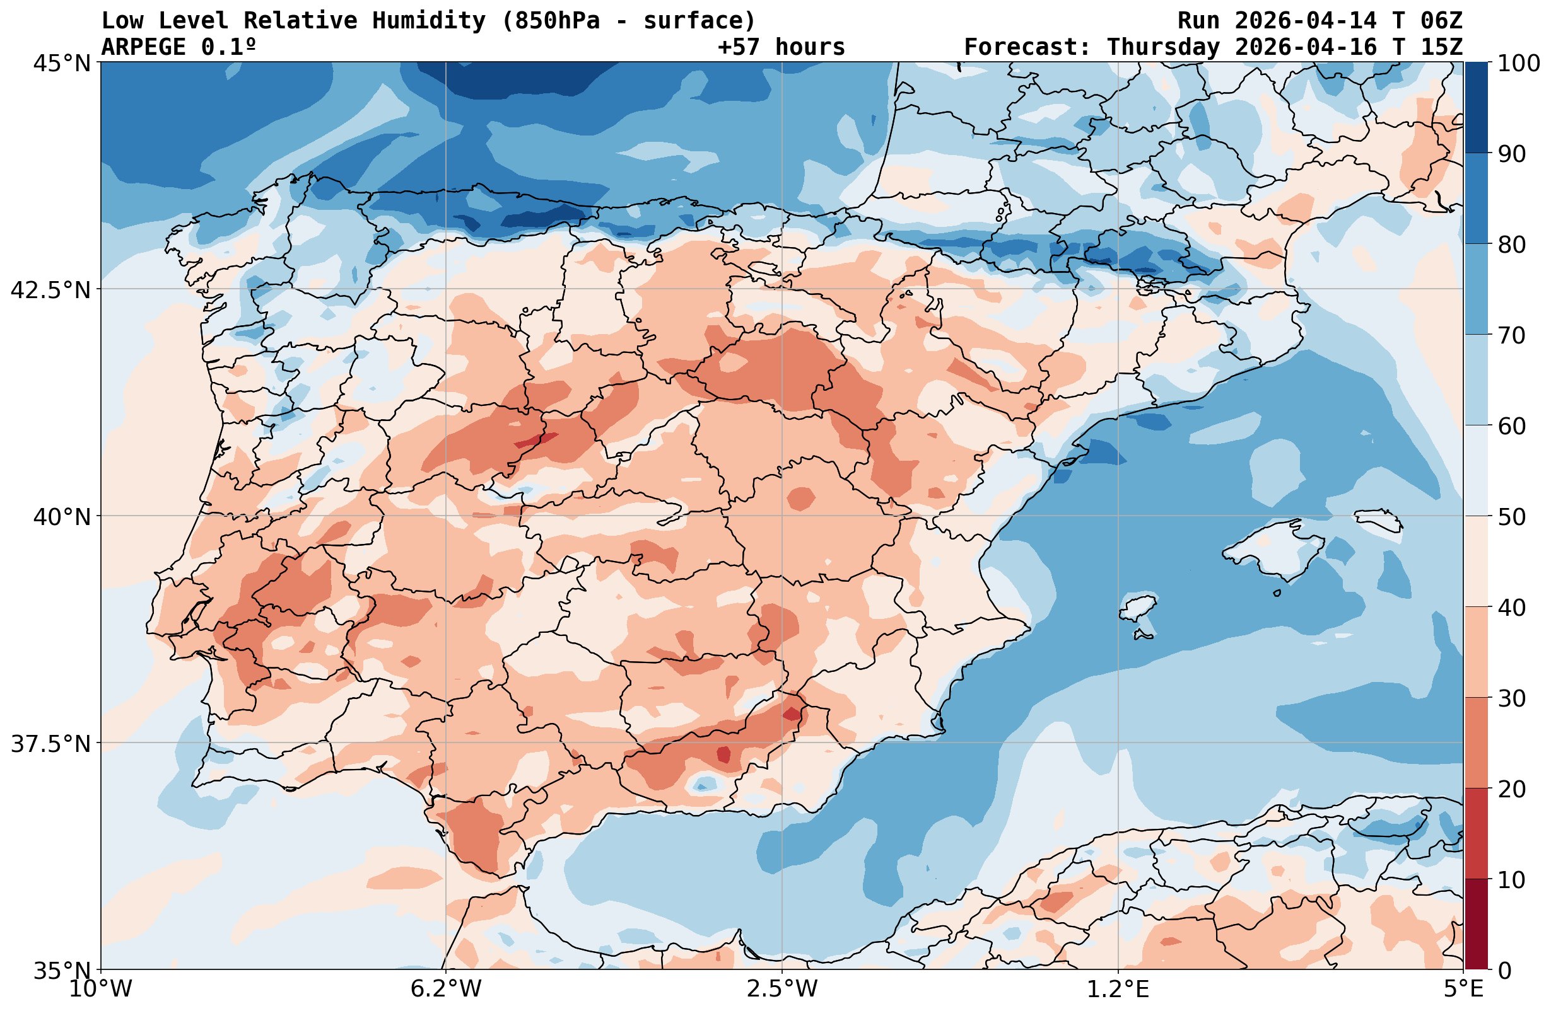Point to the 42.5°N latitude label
(50, 289)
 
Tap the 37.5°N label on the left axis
(50, 743)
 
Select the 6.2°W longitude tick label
(446, 989)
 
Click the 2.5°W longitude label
(782, 989)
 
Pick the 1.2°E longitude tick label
(1118, 989)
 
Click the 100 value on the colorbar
(1518, 63)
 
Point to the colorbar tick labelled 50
(1512, 517)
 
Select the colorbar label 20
(1512, 789)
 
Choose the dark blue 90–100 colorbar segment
(1476, 108)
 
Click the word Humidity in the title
(429, 21)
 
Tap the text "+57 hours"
(781, 47)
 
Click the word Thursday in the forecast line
(1163, 47)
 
